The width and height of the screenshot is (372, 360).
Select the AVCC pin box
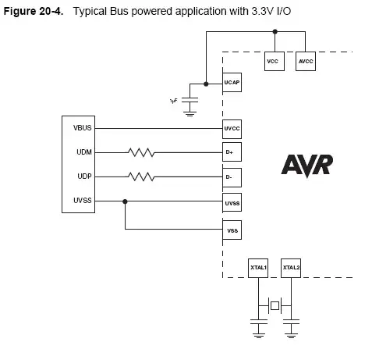coord(306,61)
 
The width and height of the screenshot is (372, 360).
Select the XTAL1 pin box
coord(258,268)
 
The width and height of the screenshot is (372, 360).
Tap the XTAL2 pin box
coord(291,268)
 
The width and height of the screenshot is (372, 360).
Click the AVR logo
coord(307,166)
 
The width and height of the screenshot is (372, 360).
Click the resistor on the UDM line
coord(141,152)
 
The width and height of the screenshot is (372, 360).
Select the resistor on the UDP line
coord(141,177)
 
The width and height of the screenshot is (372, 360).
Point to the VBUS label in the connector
coord(83,128)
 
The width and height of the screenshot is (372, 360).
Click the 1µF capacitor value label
coord(174,101)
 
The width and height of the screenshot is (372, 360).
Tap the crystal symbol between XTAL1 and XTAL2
coord(275,305)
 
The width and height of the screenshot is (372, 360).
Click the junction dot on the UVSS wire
coord(125,201)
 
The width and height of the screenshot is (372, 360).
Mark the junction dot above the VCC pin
coord(275,33)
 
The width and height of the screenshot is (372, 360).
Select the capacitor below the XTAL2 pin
coord(291,323)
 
